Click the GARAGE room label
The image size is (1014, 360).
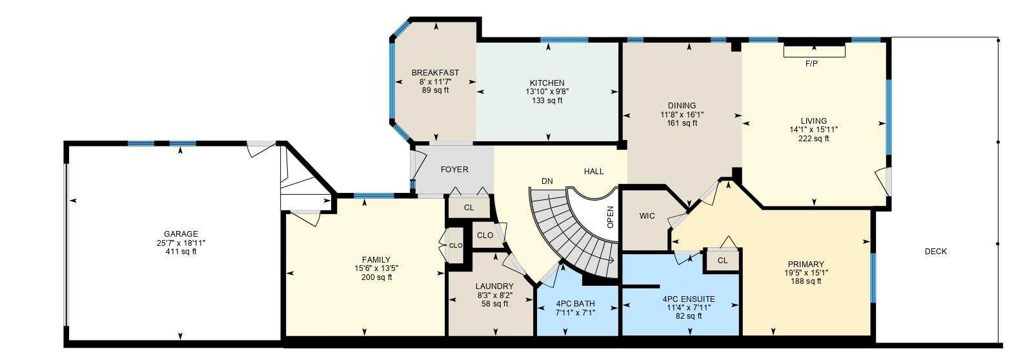pos(181,234)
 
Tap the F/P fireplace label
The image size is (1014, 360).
pos(811,64)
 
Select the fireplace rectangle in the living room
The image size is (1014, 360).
pos(814,51)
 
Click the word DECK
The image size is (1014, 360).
pos(935,251)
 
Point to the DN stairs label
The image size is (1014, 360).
pos(547,181)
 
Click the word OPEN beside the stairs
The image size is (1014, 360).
pos(610,216)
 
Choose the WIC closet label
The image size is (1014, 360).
pos(647,215)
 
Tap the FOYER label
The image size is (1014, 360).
pos(454,170)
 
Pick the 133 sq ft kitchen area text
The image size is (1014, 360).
pos(547,100)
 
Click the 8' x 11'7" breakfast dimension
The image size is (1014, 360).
pos(435,82)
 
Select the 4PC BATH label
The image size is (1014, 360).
pos(575,303)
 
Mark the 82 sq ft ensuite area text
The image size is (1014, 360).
pos(689,316)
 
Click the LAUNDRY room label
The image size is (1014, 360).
pos(494,286)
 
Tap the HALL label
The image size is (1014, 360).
pos(594,171)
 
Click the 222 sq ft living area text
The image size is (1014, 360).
pos(813,138)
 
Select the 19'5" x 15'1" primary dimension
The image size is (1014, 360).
pos(806,272)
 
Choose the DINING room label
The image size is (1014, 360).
pos(682,106)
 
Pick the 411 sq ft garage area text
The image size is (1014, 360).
pos(181,252)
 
